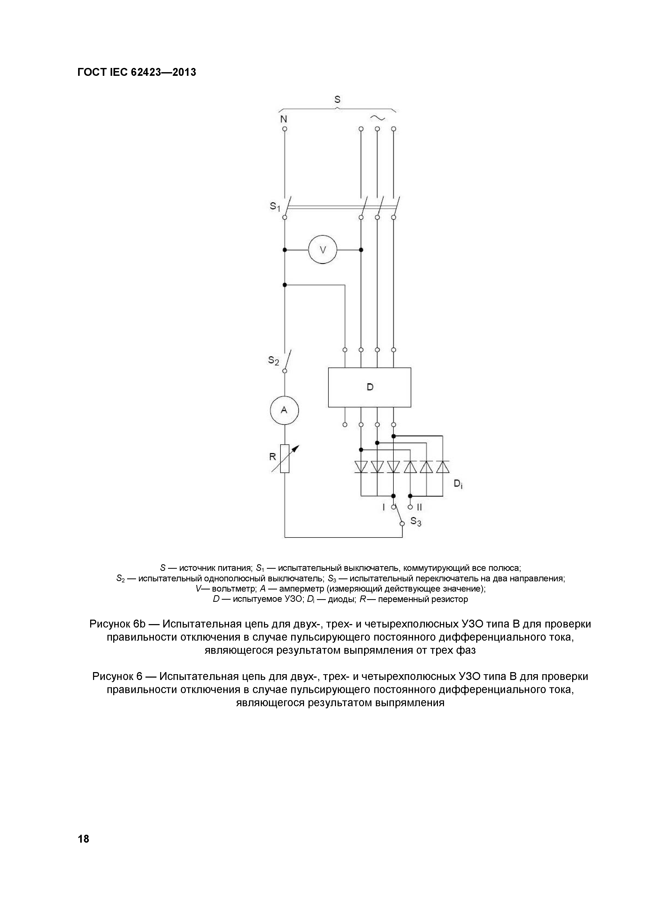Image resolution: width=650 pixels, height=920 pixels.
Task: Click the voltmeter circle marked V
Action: [323, 250]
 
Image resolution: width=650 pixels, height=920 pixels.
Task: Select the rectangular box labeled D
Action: [370, 387]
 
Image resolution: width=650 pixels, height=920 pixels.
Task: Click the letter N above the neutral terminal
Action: [284, 119]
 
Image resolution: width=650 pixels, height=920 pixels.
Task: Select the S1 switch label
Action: [275, 207]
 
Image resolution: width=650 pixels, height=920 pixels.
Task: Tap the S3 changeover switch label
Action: [416, 522]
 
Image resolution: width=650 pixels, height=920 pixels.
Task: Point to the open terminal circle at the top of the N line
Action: [285, 129]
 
